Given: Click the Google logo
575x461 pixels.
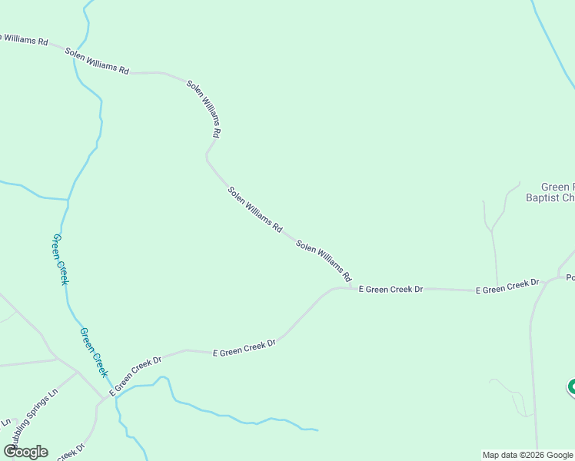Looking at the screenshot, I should [x=25, y=452].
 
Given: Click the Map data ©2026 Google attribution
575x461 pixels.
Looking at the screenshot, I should [x=527, y=455].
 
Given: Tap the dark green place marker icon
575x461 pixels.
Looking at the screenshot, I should [x=572, y=387].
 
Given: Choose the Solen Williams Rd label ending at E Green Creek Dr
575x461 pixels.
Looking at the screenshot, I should [x=324, y=260].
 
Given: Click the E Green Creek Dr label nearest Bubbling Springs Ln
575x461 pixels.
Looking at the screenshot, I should [x=136, y=376].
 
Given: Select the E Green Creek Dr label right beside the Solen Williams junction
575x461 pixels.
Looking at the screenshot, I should [x=391, y=290].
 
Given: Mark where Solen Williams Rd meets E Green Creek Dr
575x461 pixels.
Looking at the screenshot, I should [x=351, y=288].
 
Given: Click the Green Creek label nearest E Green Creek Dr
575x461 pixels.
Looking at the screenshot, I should [x=93, y=352].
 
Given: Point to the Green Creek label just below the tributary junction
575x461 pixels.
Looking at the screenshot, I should [x=60, y=260].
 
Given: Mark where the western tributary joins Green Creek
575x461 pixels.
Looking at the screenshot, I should [x=68, y=201].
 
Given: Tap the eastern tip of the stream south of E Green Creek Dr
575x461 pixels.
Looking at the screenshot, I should [x=317, y=429].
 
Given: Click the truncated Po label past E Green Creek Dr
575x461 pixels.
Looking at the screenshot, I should [x=570, y=278].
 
